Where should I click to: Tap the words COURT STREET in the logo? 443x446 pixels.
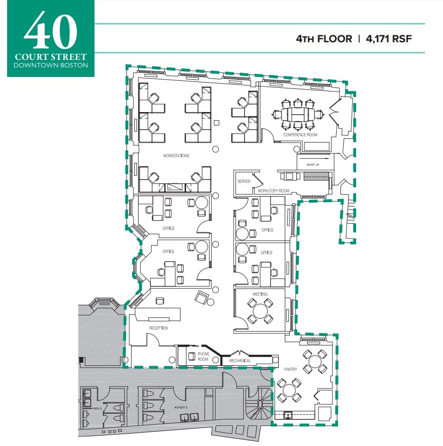coord(50,57)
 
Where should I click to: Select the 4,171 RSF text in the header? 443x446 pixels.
coord(388,38)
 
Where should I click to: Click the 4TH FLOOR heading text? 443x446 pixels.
coord(324,38)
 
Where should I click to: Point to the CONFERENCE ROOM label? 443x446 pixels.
coord(300,135)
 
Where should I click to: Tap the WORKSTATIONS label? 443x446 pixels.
coord(176,155)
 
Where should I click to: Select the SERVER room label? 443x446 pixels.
coord(244,181)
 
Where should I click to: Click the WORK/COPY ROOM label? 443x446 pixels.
coord(273,191)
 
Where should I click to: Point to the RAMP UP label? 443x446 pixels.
coord(313,164)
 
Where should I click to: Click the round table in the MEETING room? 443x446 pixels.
coord(260,311)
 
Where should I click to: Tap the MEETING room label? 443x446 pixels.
coord(260,294)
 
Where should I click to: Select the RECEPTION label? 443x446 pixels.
coord(159,328)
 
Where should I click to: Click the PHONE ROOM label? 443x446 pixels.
coord(203,357)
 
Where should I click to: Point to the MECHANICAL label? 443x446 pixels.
coord(240,361)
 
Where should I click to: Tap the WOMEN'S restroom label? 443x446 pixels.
coord(180,408)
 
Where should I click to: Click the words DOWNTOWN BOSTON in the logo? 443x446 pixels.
coord(50,65)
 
